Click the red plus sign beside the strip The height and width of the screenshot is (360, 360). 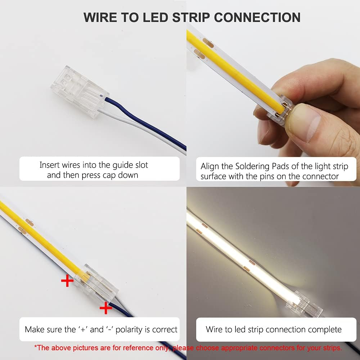67,281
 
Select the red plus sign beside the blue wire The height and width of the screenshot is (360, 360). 105,308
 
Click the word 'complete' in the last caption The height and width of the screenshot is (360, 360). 323,329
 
